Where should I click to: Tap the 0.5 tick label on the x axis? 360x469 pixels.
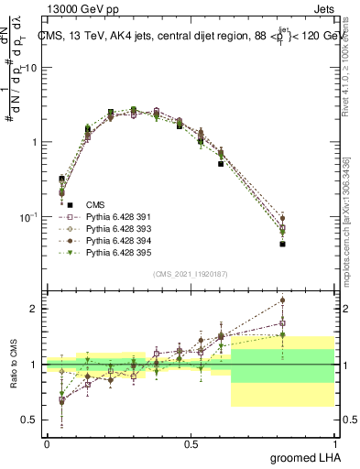point(191,443)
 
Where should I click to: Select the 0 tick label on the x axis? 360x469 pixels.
point(47,443)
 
